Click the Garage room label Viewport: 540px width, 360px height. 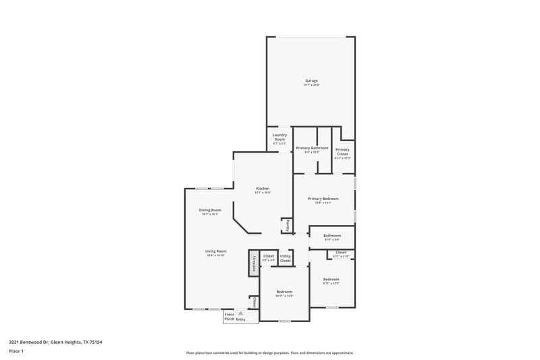click(x=310, y=81)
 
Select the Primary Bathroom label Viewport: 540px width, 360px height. click(x=312, y=149)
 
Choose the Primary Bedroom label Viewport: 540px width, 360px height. click(x=323, y=199)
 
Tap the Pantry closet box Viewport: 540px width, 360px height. click(x=288, y=225)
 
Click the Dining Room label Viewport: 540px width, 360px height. click(x=210, y=210)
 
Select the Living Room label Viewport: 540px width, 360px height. click(x=215, y=251)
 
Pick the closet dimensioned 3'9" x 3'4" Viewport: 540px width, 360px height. click(x=268, y=258)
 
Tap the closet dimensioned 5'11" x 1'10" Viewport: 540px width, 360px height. click(x=341, y=253)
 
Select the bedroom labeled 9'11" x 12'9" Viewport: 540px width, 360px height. click(x=331, y=280)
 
